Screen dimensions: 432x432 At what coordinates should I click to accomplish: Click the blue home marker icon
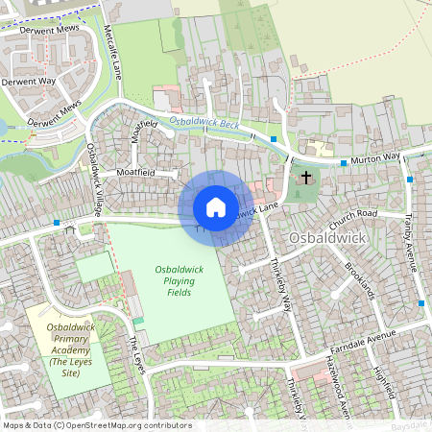tap(216, 207)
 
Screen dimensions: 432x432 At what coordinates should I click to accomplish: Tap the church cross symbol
tap(306, 178)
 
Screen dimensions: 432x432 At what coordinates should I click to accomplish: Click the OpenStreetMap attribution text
tap(84, 424)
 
